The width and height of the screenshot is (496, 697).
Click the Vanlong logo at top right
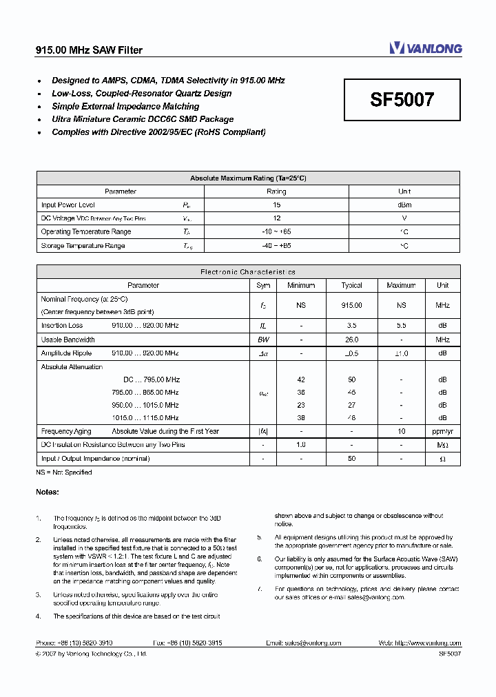(425, 48)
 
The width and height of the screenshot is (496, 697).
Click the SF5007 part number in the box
(402, 101)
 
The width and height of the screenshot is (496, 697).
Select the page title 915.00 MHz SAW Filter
(89, 50)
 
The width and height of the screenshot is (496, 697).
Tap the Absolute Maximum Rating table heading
(248, 178)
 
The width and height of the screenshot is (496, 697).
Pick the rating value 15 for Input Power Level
(276, 205)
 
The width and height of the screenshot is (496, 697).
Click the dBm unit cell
(404, 205)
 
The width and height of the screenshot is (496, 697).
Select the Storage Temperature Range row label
(83, 245)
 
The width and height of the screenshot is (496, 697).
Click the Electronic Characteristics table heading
(248, 272)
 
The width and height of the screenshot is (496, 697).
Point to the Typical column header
(351, 285)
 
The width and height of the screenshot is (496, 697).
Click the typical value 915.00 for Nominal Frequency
(351, 305)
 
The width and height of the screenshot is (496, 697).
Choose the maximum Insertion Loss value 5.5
(401, 325)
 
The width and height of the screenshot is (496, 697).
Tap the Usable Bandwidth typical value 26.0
(351, 340)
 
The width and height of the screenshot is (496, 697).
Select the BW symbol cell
(263, 340)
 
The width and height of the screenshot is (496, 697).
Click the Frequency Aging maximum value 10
(401, 431)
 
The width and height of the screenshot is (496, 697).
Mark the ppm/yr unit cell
(442, 431)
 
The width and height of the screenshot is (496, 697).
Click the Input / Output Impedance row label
(95, 459)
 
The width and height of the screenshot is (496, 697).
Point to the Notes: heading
(48, 492)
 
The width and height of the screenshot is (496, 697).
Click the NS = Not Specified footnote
(63, 472)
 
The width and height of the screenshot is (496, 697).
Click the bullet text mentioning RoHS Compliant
(158, 132)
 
